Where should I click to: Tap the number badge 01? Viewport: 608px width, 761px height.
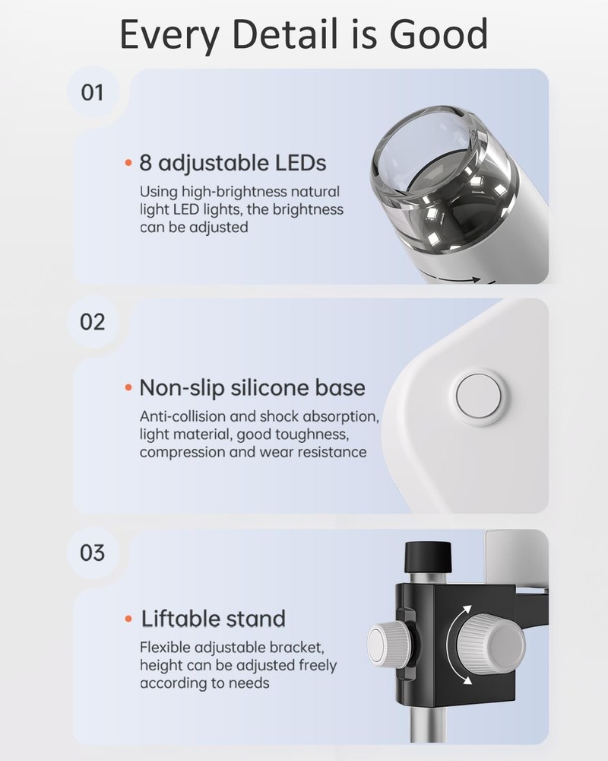92,93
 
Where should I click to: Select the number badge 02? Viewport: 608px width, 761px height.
92,322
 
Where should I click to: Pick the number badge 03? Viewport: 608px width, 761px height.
92,552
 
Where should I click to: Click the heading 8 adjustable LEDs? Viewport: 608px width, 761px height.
233,163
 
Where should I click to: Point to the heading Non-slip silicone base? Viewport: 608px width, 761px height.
252,388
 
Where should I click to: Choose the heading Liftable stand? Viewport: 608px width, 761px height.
214,619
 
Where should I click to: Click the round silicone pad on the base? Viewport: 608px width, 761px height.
479,396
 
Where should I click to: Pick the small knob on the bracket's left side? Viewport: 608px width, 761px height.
388,645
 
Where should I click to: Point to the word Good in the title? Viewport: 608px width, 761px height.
438,35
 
